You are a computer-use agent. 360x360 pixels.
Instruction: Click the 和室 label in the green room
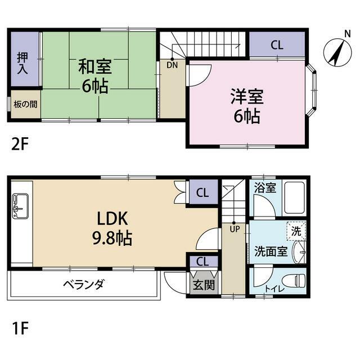point(95,66)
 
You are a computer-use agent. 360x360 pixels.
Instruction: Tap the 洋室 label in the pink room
point(247,96)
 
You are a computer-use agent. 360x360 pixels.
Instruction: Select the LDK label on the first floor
point(112,219)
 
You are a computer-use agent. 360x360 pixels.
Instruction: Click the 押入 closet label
point(22,63)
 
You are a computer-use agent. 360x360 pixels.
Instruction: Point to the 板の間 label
point(25,105)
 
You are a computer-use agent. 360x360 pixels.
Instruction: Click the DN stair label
point(172,65)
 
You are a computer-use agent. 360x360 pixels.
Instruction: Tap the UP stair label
point(235,229)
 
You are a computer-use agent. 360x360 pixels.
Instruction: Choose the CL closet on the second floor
point(277,45)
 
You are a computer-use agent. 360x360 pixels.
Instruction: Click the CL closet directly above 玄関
point(202,261)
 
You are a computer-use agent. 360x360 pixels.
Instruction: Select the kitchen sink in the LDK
point(21,206)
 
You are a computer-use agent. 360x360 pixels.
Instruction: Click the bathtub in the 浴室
point(294,198)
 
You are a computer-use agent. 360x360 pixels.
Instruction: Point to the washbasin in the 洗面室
point(299,252)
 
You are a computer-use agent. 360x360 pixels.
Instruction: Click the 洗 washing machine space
point(296,231)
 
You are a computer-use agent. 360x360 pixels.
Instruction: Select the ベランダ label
point(84,285)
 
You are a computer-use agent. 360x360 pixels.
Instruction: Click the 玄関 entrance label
point(204,285)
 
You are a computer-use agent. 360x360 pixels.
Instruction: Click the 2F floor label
point(20,144)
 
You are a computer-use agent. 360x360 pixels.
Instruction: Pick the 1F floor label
point(20,328)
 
